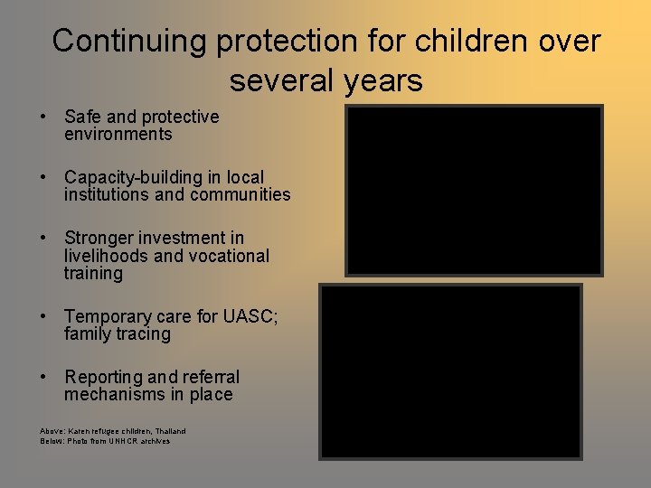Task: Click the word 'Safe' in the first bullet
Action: pyautogui.click(x=82, y=117)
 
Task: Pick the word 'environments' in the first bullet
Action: pyautogui.click(x=118, y=135)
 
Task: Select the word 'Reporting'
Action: pyautogui.click(x=103, y=377)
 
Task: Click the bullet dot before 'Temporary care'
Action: pyautogui.click(x=43, y=316)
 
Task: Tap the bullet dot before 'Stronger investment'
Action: pyautogui.click(x=43, y=238)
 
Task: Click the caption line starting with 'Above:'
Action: pyautogui.click(x=113, y=431)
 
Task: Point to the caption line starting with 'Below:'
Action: pyautogui.click(x=105, y=441)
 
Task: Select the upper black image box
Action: pyautogui.click(x=474, y=191)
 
